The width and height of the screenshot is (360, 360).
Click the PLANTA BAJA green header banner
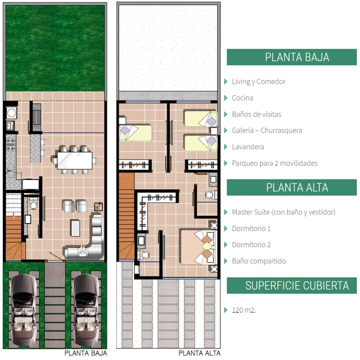pyautogui.click(x=291, y=57)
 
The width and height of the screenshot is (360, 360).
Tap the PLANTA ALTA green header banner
pyautogui.click(x=291, y=187)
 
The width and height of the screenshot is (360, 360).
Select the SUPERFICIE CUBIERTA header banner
pyautogui.click(x=291, y=285)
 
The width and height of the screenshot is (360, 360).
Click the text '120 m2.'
pyautogui.click(x=244, y=310)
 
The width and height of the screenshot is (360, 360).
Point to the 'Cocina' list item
pyautogui.click(x=243, y=98)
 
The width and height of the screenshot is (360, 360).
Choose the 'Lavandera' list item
pyautogui.click(x=248, y=147)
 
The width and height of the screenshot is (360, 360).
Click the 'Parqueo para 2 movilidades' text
pyautogui.click(x=275, y=163)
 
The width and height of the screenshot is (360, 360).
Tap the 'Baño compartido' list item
pyautogui.click(x=259, y=261)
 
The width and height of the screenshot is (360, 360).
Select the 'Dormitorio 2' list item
pyautogui.click(x=251, y=245)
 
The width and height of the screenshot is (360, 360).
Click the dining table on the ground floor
pyautogui.click(x=75, y=160)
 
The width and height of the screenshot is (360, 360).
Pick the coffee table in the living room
pyautogui.click(x=75, y=228)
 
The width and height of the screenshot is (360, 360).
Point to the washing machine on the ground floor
pyautogui.click(x=11, y=113)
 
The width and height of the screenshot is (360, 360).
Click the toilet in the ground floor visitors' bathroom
pyautogui.click(x=33, y=203)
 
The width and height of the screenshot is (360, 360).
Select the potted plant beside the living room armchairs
pyautogui.click(x=98, y=207)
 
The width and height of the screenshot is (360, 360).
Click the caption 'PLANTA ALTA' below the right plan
pyautogui.click(x=199, y=353)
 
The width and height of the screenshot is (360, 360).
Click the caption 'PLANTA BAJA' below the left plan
pyautogui.click(x=86, y=353)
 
